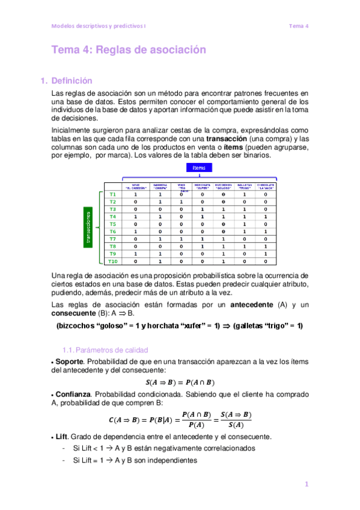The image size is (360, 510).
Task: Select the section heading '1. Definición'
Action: [x=66, y=81]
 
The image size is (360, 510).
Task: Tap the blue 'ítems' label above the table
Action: [x=198, y=168]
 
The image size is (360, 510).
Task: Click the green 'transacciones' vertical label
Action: [x=88, y=228]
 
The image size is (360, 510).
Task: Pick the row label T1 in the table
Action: [x=112, y=195]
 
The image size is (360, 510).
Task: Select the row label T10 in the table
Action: [x=112, y=262]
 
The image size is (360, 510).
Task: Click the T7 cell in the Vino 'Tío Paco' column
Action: [x=181, y=239]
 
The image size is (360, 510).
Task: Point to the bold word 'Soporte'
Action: [x=69, y=362]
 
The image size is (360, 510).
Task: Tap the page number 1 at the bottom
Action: [x=306, y=485]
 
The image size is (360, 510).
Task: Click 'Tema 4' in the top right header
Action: [x=298, y=26]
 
